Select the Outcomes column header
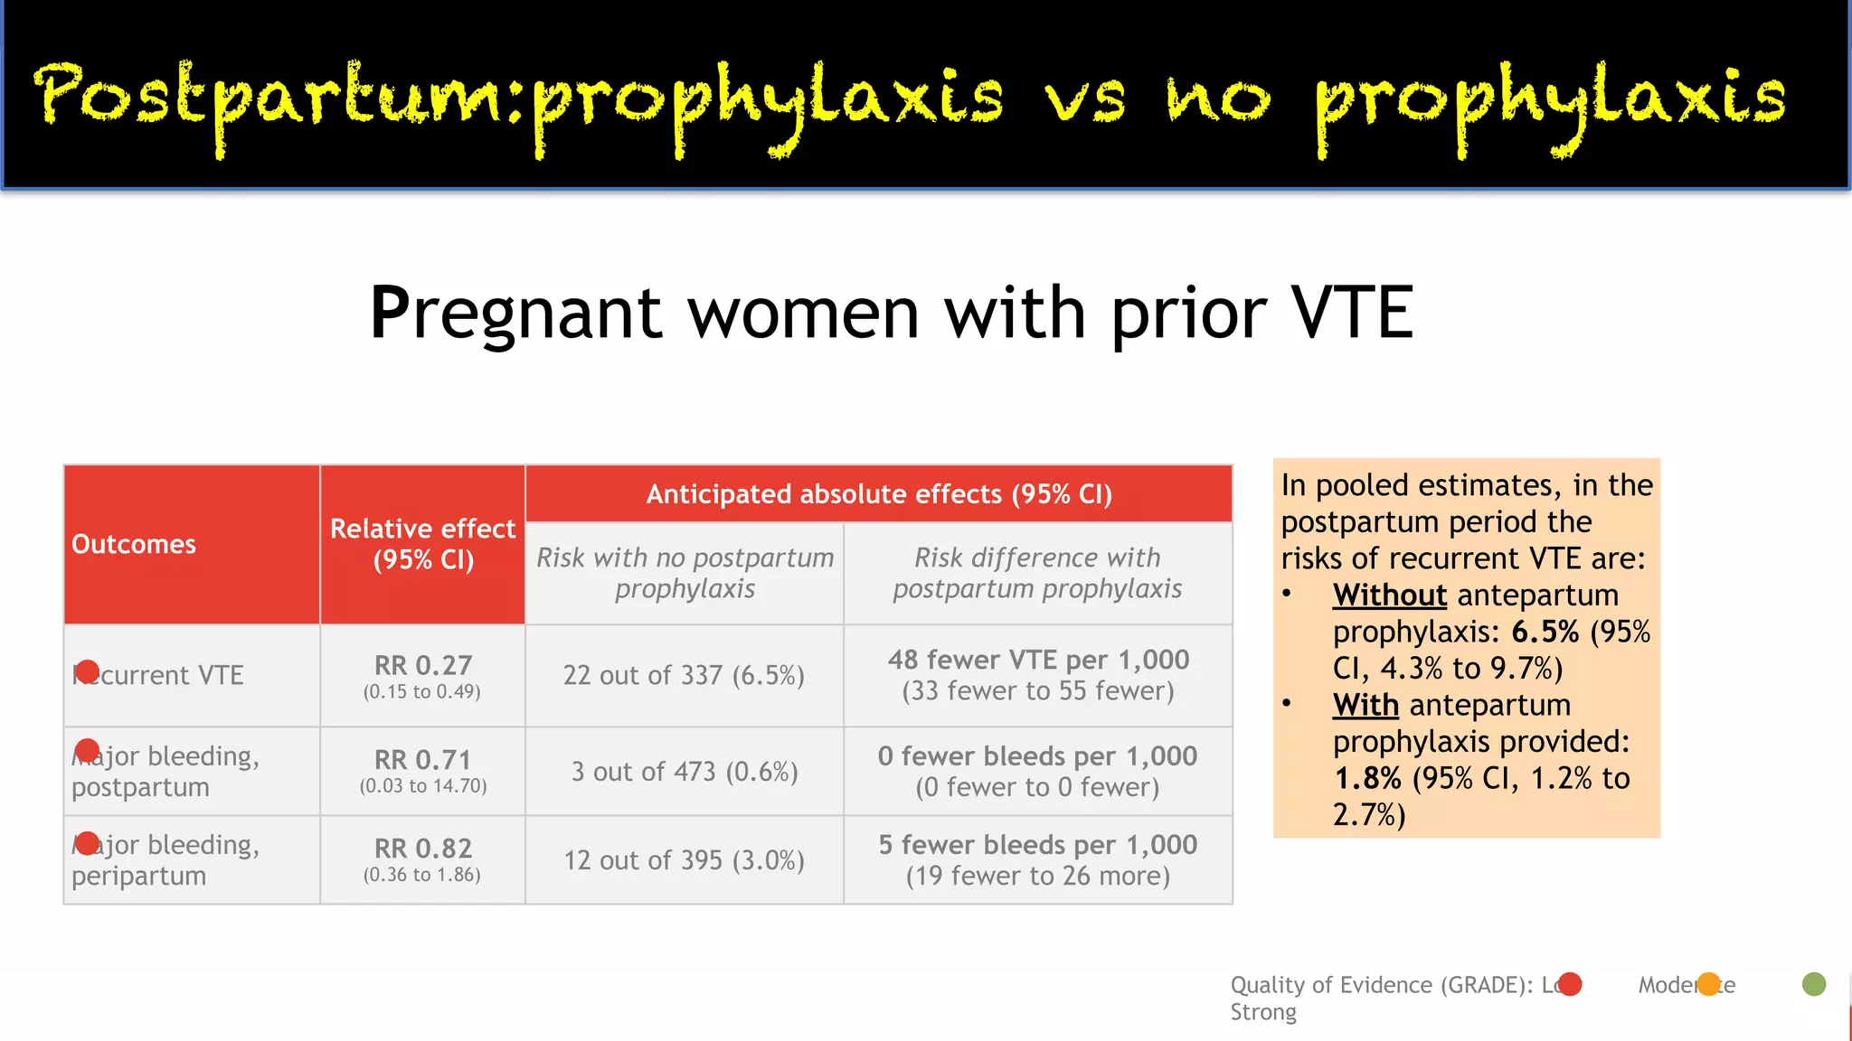point(134,544)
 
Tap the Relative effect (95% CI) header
point(423,544)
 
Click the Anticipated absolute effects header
point(879,494)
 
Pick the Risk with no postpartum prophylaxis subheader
point(685,573)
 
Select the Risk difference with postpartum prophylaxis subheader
point(1037,573)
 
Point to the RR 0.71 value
point(423,760)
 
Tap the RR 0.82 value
point(423,849)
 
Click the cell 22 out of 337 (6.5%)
point(684,675)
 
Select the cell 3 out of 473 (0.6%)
point(685,772)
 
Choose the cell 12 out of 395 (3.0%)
point(685,860)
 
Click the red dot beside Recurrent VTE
point(88,671)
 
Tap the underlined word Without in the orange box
point(1390,596)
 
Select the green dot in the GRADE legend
point(1813,984)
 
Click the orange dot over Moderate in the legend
point(1708,984)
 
